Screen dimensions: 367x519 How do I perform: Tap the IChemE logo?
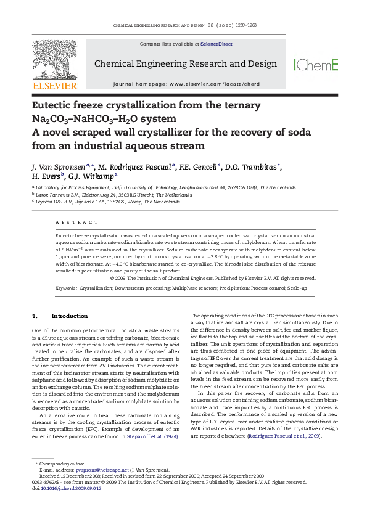[x=316, y=64]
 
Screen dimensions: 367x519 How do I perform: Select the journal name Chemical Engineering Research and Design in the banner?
[x=185, y=63]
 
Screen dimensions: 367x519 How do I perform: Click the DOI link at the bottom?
[x=72, y=488]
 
